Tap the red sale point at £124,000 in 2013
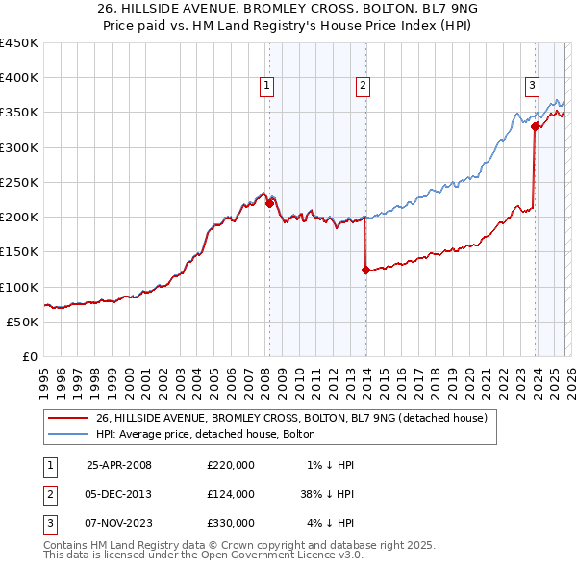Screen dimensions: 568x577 365,271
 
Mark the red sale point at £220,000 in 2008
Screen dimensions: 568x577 269,203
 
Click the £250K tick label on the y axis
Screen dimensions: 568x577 19,182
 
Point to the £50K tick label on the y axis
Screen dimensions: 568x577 23,322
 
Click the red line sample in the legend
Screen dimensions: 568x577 67,418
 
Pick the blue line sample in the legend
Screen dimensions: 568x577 67,435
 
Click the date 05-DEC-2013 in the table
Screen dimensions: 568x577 118,494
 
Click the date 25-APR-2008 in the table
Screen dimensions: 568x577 118,465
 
